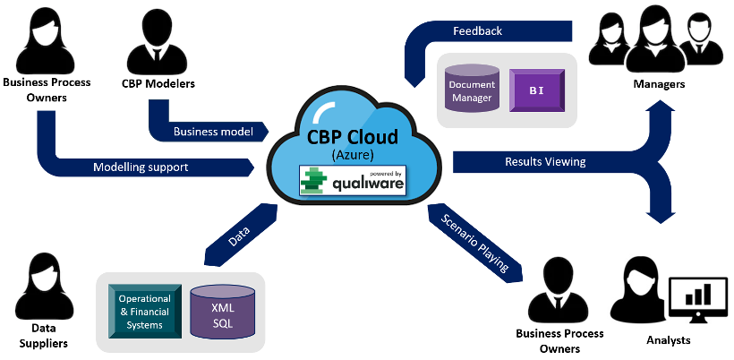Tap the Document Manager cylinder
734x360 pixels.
coord(472,90)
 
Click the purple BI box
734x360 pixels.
coord(536,90)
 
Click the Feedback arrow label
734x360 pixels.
coord(477,31)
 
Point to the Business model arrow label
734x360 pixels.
coord(213,131)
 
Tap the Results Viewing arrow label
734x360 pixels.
coord(545,162)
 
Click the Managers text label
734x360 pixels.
coord(659,84)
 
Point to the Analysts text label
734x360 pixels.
coord(669,341)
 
